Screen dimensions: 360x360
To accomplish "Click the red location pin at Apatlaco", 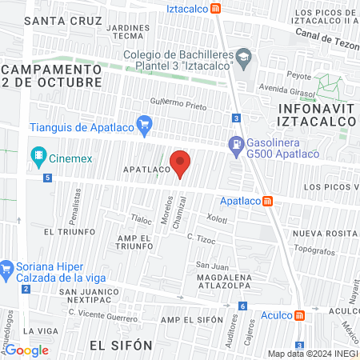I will pos(181,162).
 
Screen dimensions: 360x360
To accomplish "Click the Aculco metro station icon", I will pos(299,315).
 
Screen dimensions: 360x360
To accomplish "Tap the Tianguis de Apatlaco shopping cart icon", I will pos(144,124).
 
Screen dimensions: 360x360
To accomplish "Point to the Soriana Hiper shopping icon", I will pos(7,266).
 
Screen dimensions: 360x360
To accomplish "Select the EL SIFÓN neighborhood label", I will pos(121,345).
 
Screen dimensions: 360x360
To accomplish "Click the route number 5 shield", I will pos(49,177).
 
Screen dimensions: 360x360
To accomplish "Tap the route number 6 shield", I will pos(242,306).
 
